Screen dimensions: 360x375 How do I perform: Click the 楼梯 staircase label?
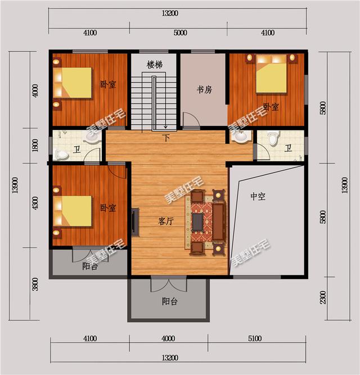(155, 65)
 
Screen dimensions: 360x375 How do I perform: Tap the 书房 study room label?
(204, 90)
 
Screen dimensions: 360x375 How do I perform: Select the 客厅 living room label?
(165, 221)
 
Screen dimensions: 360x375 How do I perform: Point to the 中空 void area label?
(258, 196)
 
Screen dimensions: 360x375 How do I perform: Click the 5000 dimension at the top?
(181, 33)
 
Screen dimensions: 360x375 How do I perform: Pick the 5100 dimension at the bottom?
(255, 338)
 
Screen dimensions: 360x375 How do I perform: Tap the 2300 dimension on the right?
(323, 297)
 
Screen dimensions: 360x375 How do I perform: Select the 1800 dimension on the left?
(35, 145)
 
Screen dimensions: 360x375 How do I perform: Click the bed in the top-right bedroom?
(272, 74)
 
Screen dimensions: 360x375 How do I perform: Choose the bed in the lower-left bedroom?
(72, 211)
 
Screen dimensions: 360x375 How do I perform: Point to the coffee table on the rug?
(197, 222)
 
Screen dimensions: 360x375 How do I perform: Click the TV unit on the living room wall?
(135, 222)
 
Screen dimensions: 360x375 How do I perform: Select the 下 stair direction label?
(166, 138)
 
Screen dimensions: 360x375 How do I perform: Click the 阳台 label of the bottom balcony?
(170, 301)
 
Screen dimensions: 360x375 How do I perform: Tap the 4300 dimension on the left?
(35, 203)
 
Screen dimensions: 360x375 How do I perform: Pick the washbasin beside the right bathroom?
(241, 137)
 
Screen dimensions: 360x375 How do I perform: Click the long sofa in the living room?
(219, 221)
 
